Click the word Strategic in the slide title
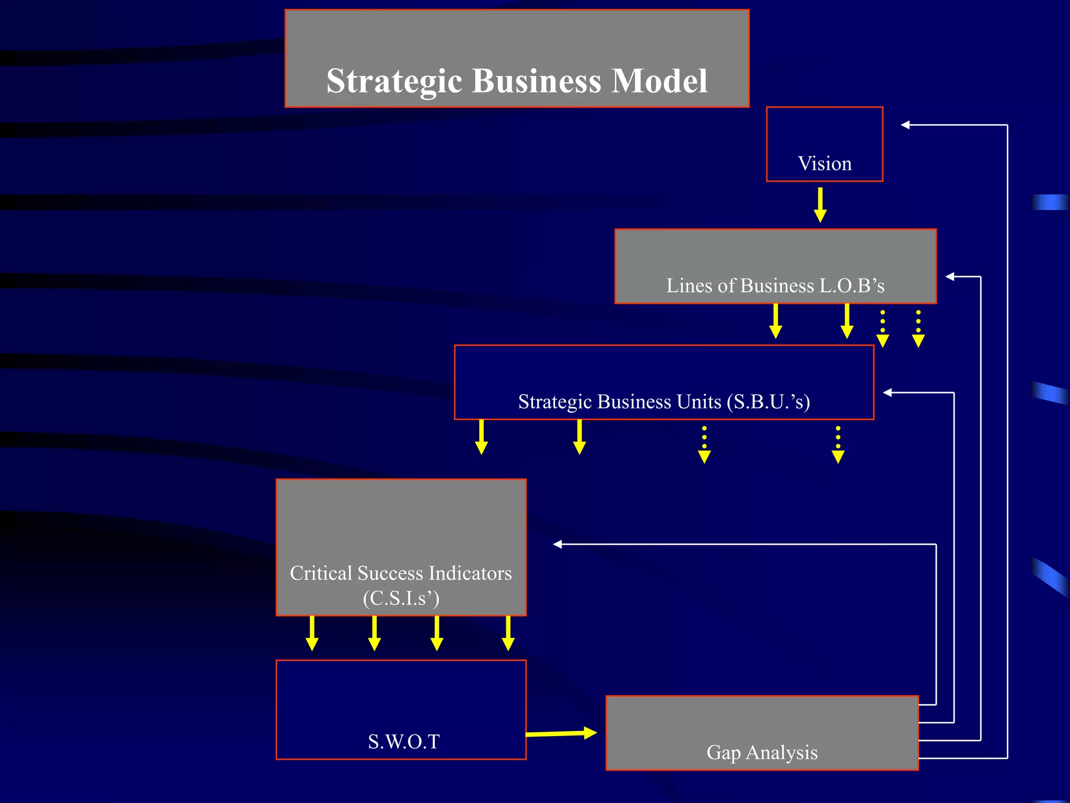(x=394, y=82)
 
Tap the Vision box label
(x=824, y=164)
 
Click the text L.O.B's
(x=852, y=285)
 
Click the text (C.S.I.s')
(x=401, y=598)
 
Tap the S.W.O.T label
(x=403, y=741)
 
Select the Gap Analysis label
(x=762, y=752)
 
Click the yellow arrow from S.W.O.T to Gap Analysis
(x=561, y=733)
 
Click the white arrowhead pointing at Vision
(x=905, y=125)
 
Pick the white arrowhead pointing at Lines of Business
(x=950, y=277)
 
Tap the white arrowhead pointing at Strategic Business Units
(x=888, y=393)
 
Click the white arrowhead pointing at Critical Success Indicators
(x=557, y=544)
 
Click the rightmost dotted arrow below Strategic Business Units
(x=838, y=445)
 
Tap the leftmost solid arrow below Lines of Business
(x=776, y=321)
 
